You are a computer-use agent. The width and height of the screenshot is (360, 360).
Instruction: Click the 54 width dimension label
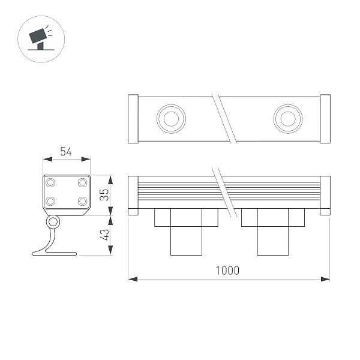click(66, 152)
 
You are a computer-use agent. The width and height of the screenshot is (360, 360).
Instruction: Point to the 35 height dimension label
click(104, 195)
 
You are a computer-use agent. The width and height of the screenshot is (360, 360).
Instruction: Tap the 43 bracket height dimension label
click(104, 235)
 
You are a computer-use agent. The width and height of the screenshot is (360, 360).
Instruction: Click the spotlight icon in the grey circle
click(41, 38)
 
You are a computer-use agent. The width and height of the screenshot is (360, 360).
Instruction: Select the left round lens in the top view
click(169, 118)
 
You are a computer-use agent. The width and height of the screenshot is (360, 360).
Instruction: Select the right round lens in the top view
click(287, 118)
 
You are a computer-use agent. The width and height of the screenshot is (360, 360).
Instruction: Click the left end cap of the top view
click(134, 119)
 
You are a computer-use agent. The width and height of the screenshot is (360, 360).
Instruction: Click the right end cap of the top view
click(325, 119)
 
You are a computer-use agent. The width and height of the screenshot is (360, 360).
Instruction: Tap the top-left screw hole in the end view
click(51, 182)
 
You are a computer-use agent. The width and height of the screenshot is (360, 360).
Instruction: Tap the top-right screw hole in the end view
click(82, 182)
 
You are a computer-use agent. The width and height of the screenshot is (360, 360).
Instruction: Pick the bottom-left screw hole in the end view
click(51, 201)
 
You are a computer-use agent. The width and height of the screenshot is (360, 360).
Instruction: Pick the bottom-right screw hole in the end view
click(82, 201)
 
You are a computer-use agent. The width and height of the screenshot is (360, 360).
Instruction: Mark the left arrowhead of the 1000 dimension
click(132, 279)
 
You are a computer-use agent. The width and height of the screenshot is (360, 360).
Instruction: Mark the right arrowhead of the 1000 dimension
click(327, 279)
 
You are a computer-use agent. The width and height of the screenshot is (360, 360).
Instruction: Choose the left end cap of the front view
click(133, 195)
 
